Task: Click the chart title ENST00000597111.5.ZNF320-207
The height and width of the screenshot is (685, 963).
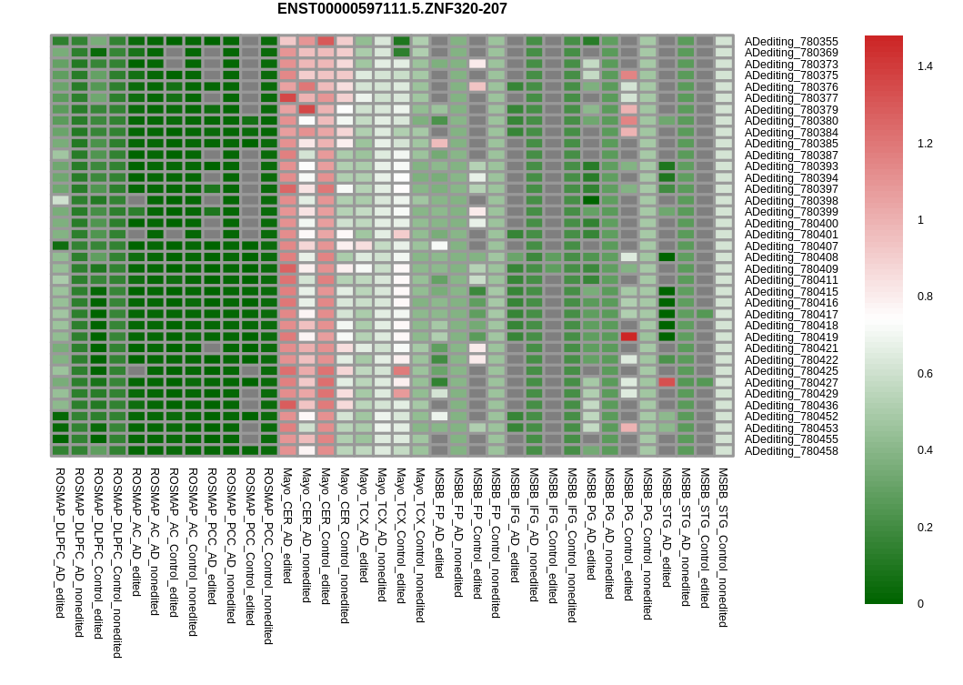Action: (x=392, y=9)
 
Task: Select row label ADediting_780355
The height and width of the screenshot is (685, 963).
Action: (x=791, y=42)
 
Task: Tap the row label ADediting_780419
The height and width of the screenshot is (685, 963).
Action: (x=791, y=337)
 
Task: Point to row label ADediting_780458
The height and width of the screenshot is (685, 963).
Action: (x=791, y=450)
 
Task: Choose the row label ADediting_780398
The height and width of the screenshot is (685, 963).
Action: (x=791, y=200)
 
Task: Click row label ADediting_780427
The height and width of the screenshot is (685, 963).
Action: (x=791, y=382)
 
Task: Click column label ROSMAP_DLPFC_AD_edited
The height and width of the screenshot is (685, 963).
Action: (x=60, y=543)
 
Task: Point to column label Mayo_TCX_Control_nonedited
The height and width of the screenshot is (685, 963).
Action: (x=420, y=545)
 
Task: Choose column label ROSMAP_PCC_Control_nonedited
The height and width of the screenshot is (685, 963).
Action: (x=268, y=556)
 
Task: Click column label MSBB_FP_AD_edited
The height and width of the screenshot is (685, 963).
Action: (x=439, y=523)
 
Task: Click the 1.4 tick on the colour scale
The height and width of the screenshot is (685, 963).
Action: (x=925, y=66)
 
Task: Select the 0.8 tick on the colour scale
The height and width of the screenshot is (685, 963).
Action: (x=925, y=297)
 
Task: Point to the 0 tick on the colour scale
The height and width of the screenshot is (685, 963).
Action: (x=920, y=603)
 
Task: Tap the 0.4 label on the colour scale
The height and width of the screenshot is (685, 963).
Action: (x=925, y=450)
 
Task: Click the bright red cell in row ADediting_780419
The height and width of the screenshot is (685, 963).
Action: (x=628, y=337)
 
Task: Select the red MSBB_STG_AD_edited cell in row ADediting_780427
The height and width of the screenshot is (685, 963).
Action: (x=667, y=382)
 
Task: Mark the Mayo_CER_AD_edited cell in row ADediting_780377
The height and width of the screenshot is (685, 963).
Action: (x=287, y=98)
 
